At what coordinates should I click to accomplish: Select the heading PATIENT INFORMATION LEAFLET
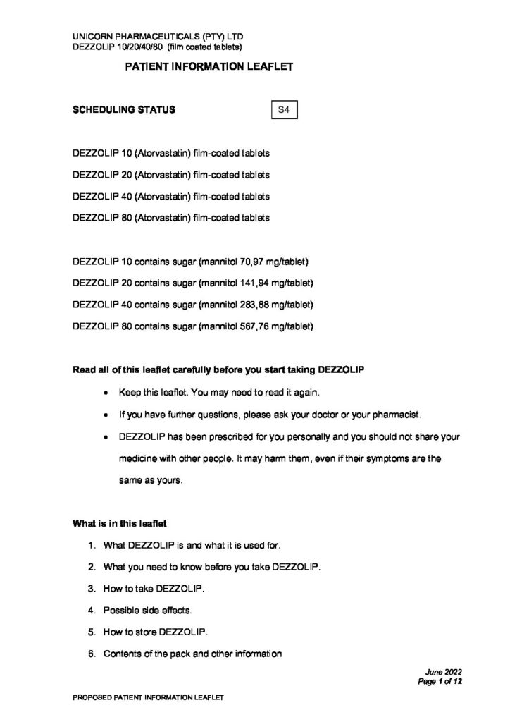[208, 67]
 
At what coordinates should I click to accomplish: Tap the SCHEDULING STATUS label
[125, 111]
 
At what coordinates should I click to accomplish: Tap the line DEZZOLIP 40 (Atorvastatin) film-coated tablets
[171, 196]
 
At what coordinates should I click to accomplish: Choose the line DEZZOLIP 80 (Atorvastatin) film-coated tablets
[171, 218]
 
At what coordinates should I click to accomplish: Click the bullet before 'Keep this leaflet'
[105, 392]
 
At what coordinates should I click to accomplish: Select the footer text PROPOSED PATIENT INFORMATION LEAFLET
[148, 697]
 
